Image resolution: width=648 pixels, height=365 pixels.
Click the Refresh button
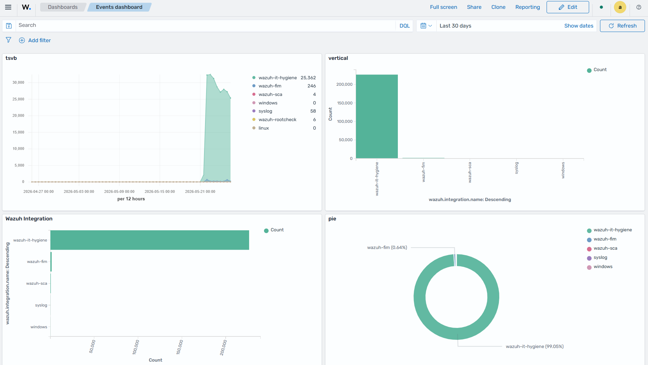point(622,26)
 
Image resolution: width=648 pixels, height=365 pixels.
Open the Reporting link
point(528,7)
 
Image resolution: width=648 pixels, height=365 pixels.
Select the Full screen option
point(443,7)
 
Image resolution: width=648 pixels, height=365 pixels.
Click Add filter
point(35,40)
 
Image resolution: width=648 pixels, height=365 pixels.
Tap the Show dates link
point(579,26)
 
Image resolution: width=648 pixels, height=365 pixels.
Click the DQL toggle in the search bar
point(405,26)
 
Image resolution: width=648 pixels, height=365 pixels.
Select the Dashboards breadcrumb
point(63,7)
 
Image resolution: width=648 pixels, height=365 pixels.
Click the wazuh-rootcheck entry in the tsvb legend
point(277,120)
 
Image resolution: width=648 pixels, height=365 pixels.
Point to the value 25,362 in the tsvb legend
point(308,78)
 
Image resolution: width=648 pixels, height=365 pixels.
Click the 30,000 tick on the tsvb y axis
point(18,82)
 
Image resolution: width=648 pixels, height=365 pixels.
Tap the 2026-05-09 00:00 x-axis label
point(119,192)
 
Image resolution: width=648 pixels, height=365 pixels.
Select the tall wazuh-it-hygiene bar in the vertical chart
point(377,116)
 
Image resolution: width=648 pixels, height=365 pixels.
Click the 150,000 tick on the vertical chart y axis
point(344,103)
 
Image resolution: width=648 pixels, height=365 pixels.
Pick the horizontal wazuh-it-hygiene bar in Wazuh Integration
point(150,240)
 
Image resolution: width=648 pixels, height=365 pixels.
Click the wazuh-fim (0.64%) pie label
point(387,248)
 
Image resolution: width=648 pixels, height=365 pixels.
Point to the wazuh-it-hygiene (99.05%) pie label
point(535,347)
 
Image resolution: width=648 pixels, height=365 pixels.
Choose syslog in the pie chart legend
point(600,258)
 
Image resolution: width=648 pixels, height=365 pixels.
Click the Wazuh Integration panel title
point(29,219)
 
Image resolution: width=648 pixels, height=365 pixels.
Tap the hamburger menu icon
point(8,7)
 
